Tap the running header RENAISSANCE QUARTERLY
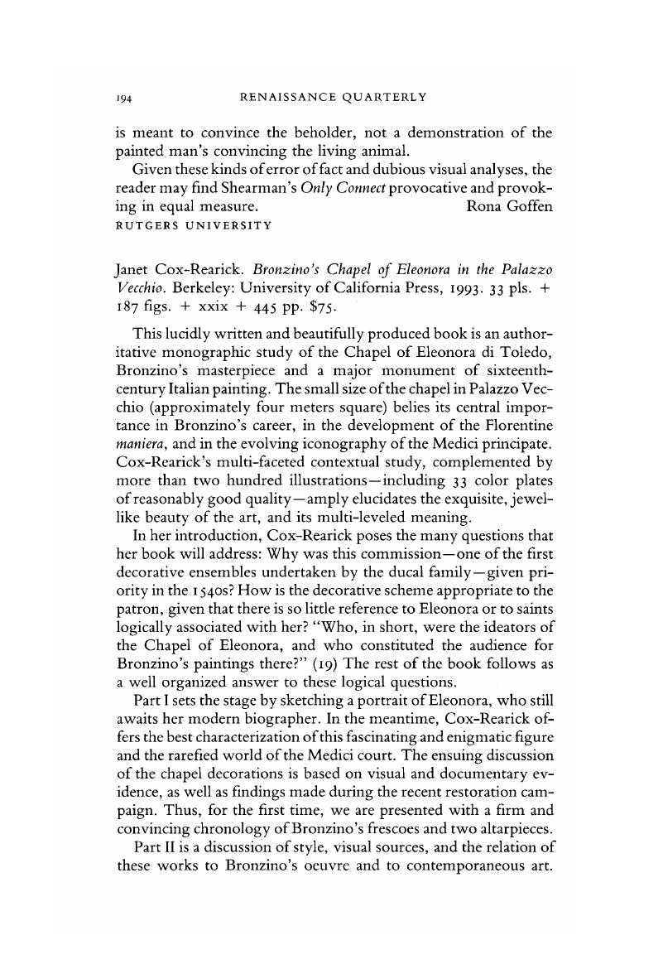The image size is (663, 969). pos(333,98)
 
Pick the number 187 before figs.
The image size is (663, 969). pos(124,308)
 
